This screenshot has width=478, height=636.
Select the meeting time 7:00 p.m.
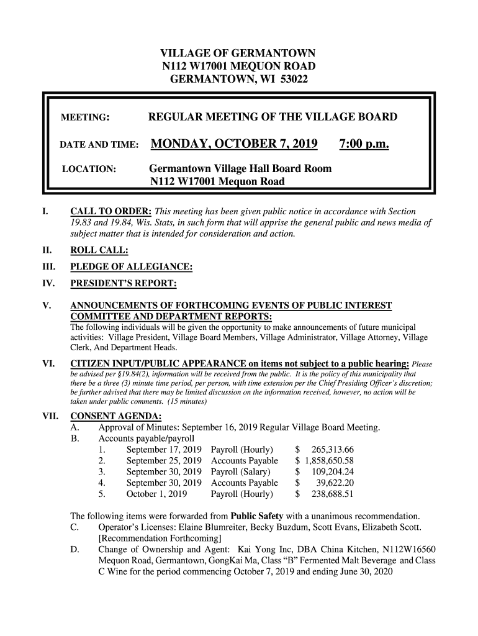(x=364, y=145)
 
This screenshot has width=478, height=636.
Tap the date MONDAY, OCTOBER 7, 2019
(x=233, y=145)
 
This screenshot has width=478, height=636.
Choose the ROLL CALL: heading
(x=99, y=250)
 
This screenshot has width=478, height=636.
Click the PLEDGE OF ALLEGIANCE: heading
(x=131, y=267)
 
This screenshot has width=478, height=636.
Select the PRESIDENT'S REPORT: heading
(x=124, y=284)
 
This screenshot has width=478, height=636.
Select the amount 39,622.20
(x=335, y=483)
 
